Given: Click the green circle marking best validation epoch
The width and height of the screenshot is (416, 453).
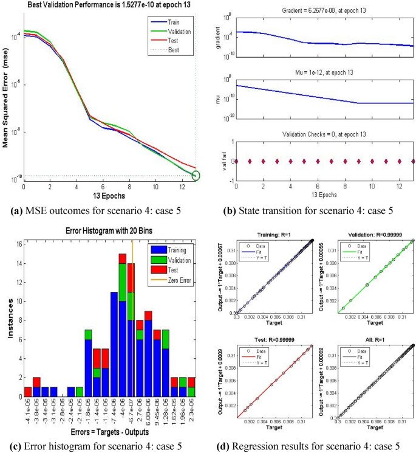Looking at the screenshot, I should (196, 176).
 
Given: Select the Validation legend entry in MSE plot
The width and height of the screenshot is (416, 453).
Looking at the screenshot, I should (177, 30).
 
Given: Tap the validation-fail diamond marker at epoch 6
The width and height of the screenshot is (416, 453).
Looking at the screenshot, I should (318, 161).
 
